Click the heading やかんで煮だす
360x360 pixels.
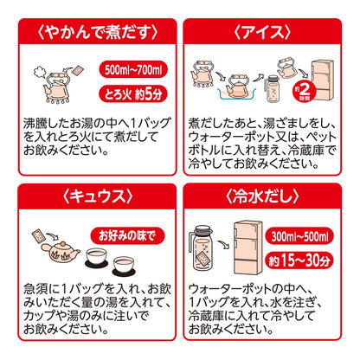tap(98, 32)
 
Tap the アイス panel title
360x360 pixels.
tap(262, 32)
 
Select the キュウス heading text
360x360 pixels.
tap(98, 196)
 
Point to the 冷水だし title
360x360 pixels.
tap(262, 196)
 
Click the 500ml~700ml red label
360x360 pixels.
tap(133, 69)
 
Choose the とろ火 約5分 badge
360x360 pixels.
tap(133, 94)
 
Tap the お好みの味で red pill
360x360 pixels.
tap(127, 235)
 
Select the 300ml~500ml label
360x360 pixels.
tap(299, 236)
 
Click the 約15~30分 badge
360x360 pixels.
tap(299, 260)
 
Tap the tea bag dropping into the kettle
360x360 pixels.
tap(78, 70)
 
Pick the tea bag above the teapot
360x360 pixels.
tap(39, 235)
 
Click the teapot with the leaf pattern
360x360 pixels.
tap(60, 252)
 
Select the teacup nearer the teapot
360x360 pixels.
tap(97, 256)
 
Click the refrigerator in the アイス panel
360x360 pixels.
tap(323, 80)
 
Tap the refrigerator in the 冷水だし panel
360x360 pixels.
tap(247, 247)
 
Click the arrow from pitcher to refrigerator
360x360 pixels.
tap(223, 245)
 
